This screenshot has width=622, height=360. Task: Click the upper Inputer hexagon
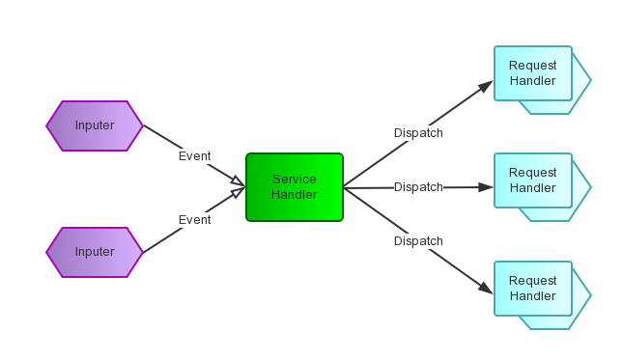pyautogui.click(x=95, y=125)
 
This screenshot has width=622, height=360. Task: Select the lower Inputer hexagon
pyautogui.click(x=95, y=252)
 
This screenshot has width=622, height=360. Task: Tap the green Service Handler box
pyautogui.click(x=295, y=187)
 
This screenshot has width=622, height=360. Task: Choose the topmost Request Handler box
pyautogui.click(x=533, y=73)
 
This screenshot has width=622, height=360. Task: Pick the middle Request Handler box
pyautogui.click(x=533, y=180)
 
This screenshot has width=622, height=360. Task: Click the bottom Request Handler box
pyautogui.click(x=533, y=289)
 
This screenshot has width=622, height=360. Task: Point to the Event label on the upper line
pyautogui.click(x=194, y=156)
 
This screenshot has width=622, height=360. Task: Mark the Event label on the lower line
pyautogui.click(x=194, y=220)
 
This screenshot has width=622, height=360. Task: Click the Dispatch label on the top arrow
pyautogui.click(x=418, y=133)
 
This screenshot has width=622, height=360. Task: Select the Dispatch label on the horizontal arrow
pyautogui.click(x=418, y=187)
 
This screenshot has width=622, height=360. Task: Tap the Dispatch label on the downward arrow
pyautogui.click(x=418, y=241)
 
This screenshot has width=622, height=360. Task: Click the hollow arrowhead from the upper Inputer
pyautogui.click(x=238, y=180)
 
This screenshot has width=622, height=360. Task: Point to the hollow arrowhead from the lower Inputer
pyautogui.click(x=238, y=193)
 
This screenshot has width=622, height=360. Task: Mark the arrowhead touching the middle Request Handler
pyautogui.click(x=486, y=187)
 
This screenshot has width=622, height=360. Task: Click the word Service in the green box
pyautogui.click(x=295, y=180)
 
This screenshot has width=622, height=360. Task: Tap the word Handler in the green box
pyautogui.click(x=295, y=195)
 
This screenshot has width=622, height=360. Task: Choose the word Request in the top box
pyautogui.click(x=533, y=66)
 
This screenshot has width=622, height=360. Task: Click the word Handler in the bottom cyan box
pyautogui.click(x=533, y=296)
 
